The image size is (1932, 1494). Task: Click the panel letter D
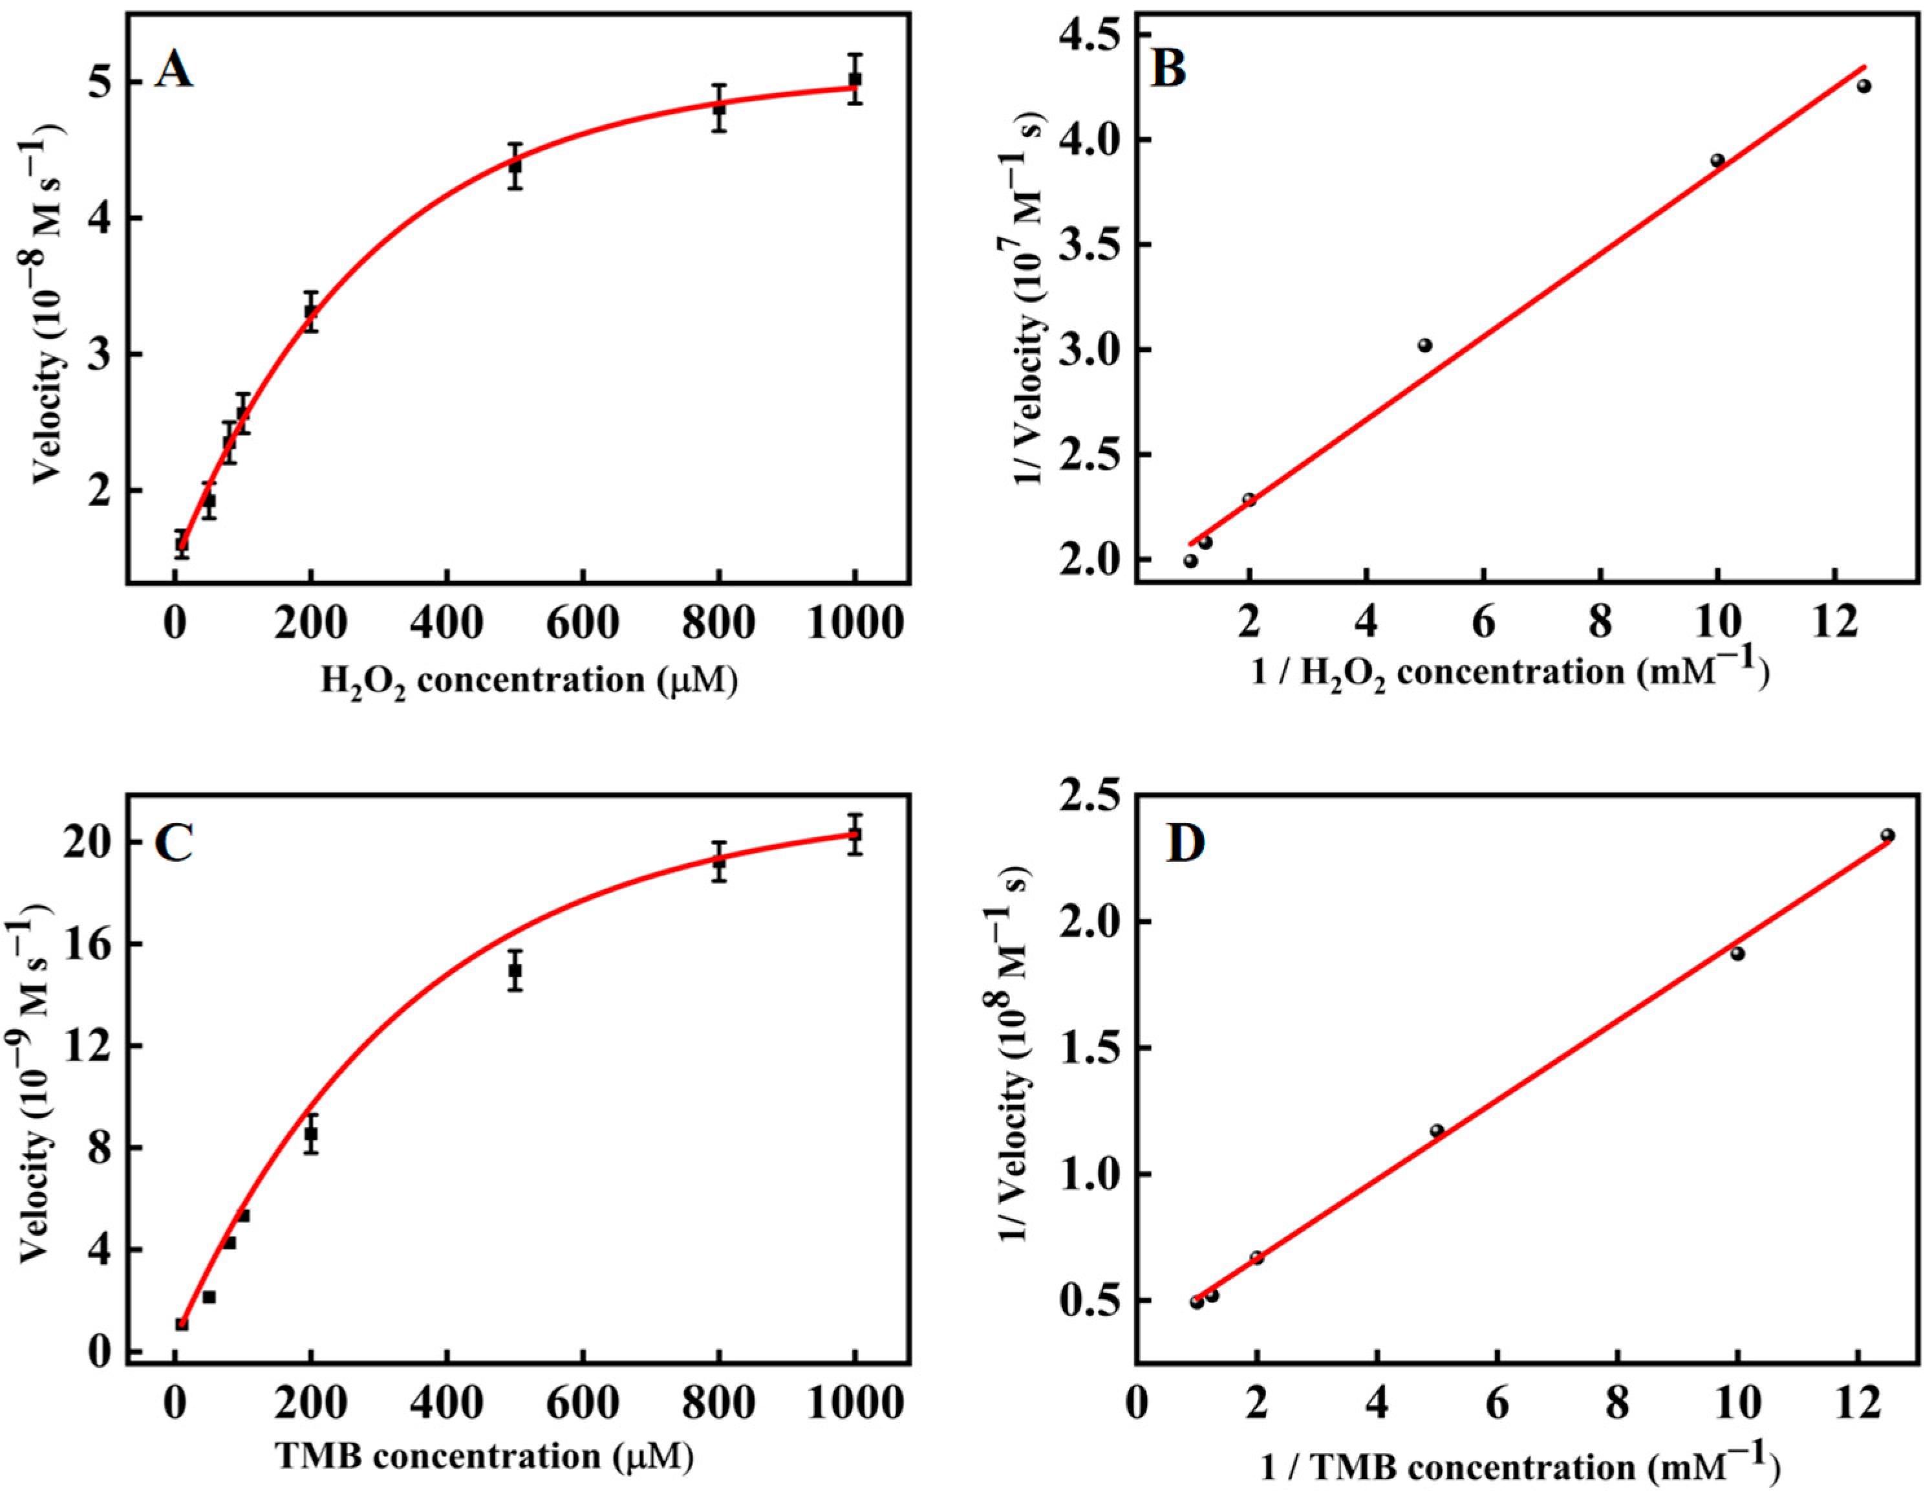tap(1185, 842)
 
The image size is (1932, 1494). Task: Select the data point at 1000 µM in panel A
tap(855, 80)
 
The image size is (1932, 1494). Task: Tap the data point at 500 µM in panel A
tap(515, 166)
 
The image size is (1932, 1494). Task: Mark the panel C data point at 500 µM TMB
tap(515, 970)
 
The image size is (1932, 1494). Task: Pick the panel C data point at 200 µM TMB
tap(310, 1134)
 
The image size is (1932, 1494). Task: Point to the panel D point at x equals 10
tap(1737, 953)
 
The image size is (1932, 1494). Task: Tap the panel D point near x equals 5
tap(1437, 1130)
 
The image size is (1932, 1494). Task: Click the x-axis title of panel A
tap(528, 681)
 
